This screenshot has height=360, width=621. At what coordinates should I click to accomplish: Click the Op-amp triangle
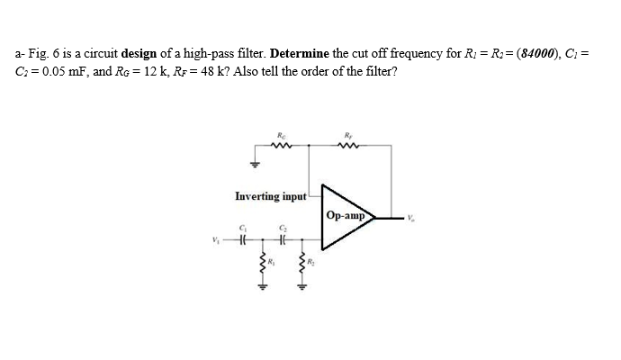[x=346, y=216]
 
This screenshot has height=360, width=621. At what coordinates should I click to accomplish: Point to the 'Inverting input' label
[x=271, y=195]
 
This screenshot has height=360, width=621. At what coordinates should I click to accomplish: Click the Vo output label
[x=411, y=216]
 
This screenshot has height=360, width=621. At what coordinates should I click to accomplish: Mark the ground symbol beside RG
[x=255, y=164]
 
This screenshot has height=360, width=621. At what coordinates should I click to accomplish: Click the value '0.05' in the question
[x=51, y=71]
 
